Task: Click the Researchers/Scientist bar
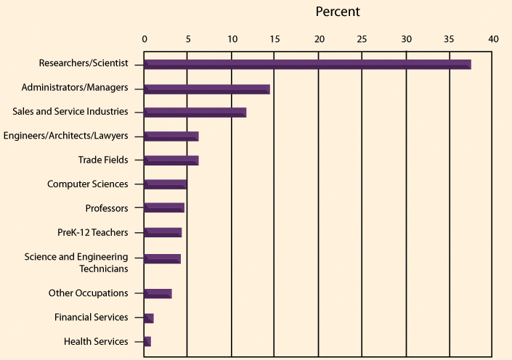(307, 65)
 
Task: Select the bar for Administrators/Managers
(207, 89)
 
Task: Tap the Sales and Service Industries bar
(195, 112)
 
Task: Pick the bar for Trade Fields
(171, 160)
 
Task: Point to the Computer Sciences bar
(165, 184)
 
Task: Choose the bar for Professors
(164, 208)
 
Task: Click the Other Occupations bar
(158, 294)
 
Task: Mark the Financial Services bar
(149, 318)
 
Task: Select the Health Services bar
(147, 342)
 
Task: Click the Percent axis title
(338, 12)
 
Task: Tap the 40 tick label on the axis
(493, 39)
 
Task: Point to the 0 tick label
(145, 39)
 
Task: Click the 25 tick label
(362, 39)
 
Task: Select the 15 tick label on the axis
(275, 39)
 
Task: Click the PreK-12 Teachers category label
(93, 232)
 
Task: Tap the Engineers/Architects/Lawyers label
(65, 136)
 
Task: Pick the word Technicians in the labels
(104, 269)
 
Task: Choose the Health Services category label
(96, 341)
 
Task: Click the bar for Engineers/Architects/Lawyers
(171, 136)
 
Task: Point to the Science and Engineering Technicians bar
(162, 259)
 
